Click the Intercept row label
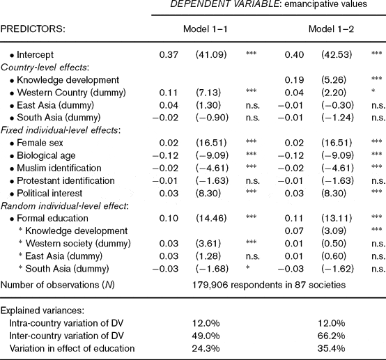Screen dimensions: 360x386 tap(35, 54)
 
